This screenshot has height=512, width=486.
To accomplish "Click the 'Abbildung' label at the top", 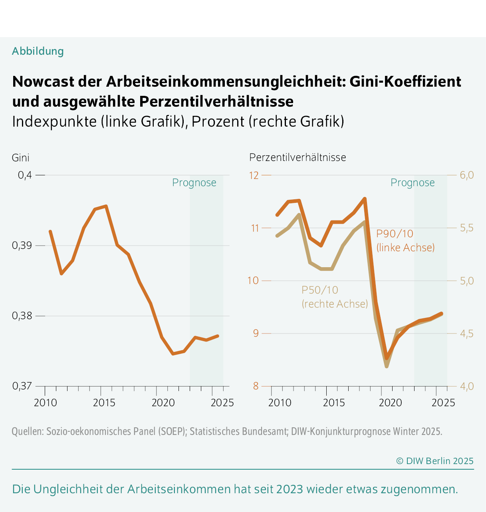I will pos(38,51).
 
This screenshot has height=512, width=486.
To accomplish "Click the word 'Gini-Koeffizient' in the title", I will pos(405,81).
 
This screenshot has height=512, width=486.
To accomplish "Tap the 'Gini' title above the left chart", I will pos(20,158).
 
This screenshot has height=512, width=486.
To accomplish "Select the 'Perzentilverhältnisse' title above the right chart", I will pos(298,157).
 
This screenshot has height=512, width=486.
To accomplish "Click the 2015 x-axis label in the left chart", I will pos(104,402).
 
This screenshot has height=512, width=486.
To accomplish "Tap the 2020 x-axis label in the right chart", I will pos(390,402).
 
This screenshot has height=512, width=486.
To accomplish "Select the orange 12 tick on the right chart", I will pos(254,175).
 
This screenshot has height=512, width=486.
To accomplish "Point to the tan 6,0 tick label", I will pos(466,175).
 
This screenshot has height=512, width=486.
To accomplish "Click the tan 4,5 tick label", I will pos(466,333).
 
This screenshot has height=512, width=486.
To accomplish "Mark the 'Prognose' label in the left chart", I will pos(194,183).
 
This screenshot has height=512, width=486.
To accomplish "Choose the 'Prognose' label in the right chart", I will pos(413,183).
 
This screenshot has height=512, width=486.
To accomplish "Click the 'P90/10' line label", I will pos(395,234).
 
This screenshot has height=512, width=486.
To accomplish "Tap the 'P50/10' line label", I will pos(320,290).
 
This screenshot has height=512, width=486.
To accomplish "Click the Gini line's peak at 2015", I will pos(106,206).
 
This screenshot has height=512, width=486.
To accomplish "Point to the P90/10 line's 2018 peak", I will pos(365,198).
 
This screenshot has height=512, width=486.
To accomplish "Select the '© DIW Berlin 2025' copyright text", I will pos(434,461).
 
